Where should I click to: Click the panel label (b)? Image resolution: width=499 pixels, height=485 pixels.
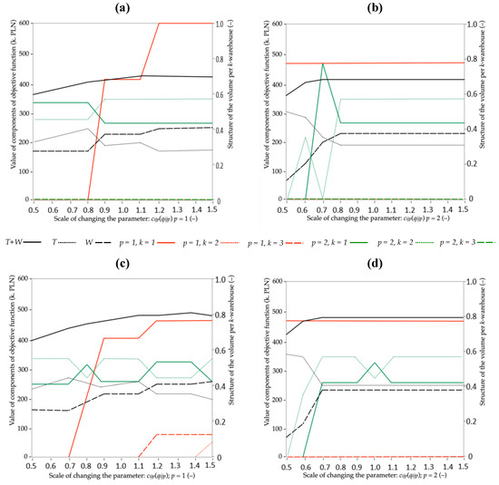click(x=374, y=8)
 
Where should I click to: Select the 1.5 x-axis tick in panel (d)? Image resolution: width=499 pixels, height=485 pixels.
click(x=460, y=465)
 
